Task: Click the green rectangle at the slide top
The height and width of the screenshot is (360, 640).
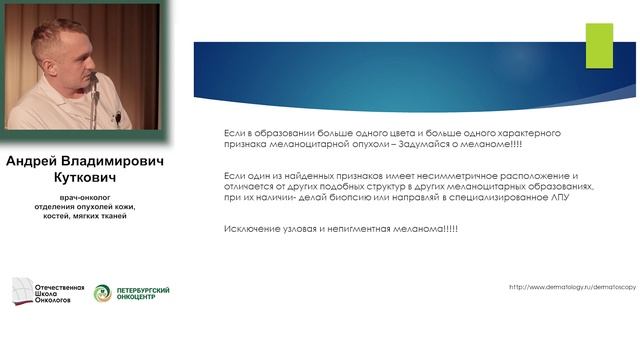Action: coord(599,45)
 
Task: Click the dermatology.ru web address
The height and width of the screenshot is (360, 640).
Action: coord(572,287)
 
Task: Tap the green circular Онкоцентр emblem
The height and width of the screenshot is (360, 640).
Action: coord(103,293)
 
